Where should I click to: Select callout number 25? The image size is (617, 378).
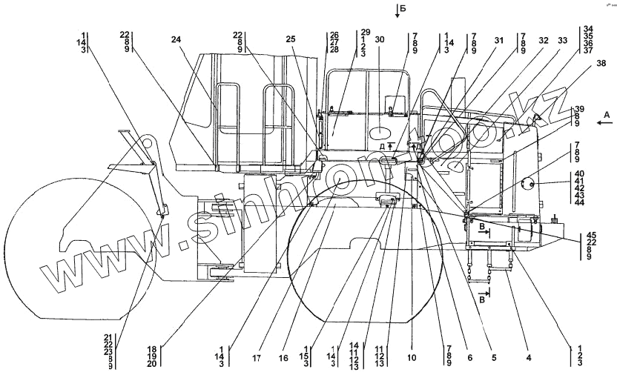[290, 39]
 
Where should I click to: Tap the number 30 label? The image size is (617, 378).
[380, 39]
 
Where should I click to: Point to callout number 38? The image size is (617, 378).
[590, 66]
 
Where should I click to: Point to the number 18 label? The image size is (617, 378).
[151, 348]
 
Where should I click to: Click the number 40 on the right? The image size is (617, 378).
[579, 173]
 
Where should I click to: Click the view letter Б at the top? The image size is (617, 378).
[402, 9]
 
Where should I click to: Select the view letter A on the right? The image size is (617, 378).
[606, 114]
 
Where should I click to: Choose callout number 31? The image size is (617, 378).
[499, 39]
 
